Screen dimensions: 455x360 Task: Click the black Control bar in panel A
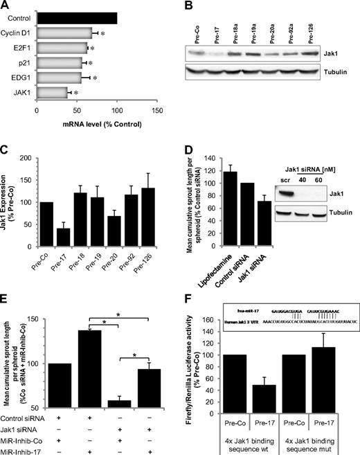pyautogui.click(x=76, y=17)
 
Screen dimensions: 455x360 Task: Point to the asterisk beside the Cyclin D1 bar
pyautogui.click(x=102, y=33)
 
